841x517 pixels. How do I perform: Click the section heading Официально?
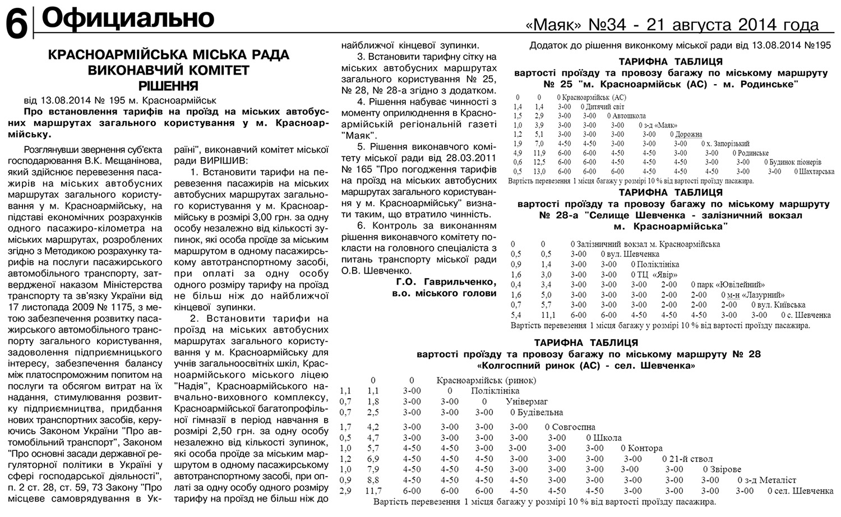pos(128,19)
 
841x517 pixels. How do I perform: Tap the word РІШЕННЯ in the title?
pos(168,86)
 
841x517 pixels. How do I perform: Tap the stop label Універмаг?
pos(526,401)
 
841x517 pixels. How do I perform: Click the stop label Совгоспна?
pos(573,427)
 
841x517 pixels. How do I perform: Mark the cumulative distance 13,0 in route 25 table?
pos(539,172)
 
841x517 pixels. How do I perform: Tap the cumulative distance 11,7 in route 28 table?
pos(373,491)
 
